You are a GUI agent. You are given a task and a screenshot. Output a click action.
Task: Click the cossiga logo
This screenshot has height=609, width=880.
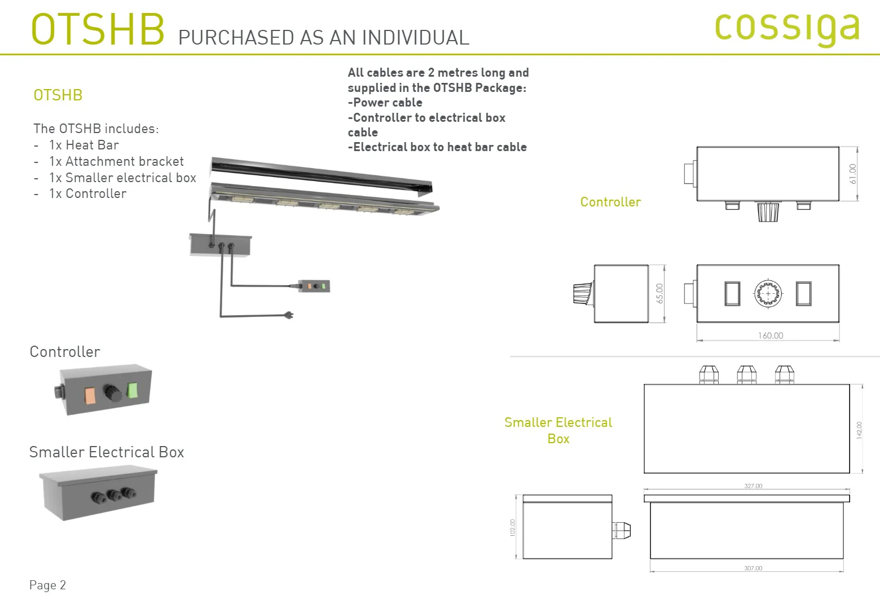(787, 28)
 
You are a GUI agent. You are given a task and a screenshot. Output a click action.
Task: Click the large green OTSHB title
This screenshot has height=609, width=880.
(98, 29)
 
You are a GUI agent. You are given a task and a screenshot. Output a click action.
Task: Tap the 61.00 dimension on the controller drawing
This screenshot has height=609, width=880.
(852, 174)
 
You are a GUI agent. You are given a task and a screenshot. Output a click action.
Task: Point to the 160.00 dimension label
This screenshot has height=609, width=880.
(771, 336)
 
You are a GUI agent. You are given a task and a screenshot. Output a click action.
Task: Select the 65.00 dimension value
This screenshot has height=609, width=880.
(659, 293)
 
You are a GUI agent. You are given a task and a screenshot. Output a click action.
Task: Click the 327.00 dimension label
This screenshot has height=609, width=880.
(753, 486)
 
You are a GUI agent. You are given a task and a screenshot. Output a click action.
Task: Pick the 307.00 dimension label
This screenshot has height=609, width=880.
(753, 568)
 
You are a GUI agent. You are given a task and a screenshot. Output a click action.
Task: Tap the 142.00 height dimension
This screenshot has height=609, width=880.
(859, 430)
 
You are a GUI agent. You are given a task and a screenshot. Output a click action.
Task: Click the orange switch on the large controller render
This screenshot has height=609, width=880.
(90, 395)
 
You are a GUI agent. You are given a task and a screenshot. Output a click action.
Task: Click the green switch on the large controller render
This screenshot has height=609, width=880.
(132, 390)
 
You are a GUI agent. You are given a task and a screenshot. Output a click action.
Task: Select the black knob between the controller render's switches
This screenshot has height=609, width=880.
(112, 393)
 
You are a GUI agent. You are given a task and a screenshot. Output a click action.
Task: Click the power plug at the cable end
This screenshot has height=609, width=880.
(289, 315)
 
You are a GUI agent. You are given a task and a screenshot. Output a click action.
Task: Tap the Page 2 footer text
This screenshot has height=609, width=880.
(47, 585)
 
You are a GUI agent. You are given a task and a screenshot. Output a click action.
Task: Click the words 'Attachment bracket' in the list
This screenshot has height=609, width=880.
(125, 161)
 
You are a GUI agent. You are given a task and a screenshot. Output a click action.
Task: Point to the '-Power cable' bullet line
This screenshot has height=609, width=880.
(385, 103)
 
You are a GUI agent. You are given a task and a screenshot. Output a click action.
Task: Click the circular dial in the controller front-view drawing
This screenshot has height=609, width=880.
(768, 293)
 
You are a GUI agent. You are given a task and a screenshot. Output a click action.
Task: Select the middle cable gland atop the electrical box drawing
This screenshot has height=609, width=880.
(747, 374)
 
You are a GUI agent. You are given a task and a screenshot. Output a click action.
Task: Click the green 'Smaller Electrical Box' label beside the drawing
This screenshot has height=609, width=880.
(558, 430)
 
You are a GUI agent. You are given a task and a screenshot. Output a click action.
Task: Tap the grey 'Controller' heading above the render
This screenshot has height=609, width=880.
(65, 352)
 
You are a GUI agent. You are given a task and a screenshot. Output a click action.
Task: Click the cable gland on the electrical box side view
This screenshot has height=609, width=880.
(622, 530)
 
